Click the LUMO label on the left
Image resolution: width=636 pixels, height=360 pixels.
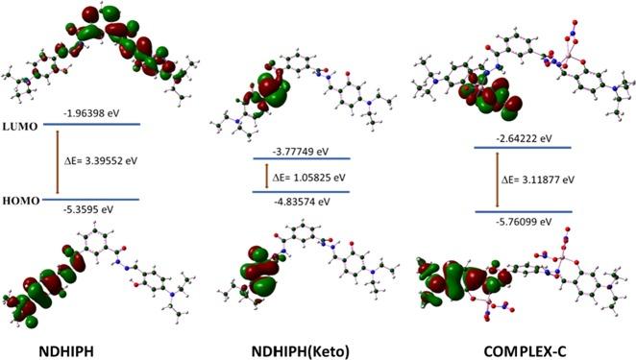coord(22,125)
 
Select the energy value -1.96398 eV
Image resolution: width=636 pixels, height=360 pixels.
coord(103,111)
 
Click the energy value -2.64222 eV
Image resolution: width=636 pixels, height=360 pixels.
coord(520,138)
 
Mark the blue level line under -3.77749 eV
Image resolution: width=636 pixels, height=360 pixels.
coord(302,158)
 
